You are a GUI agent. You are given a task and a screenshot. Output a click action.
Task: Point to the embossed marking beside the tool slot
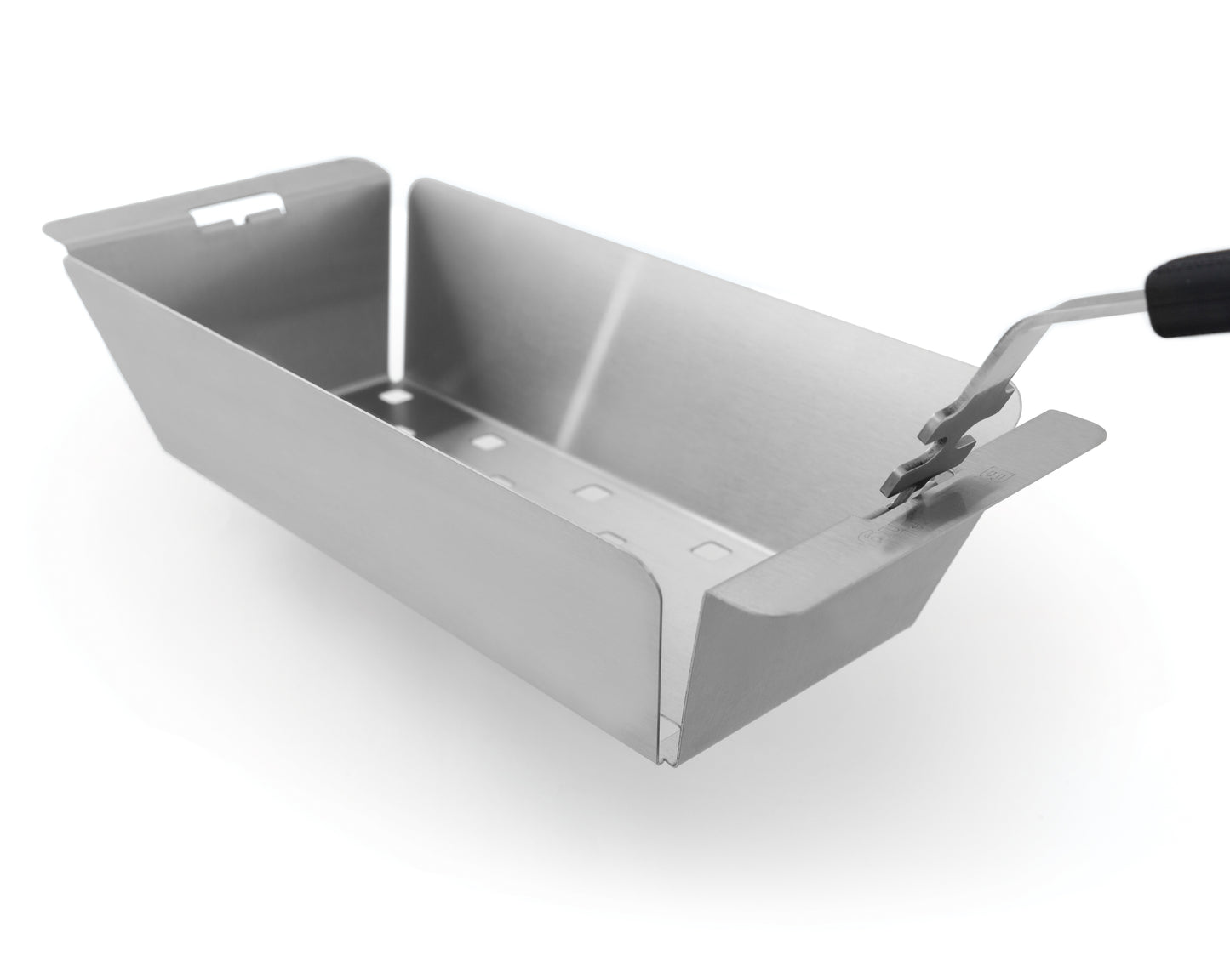(x=877, y=536)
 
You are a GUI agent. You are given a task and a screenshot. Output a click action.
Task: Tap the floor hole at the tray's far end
(x=393, y=396)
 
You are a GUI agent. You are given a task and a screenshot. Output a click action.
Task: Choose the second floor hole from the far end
(x=486, y=441)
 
